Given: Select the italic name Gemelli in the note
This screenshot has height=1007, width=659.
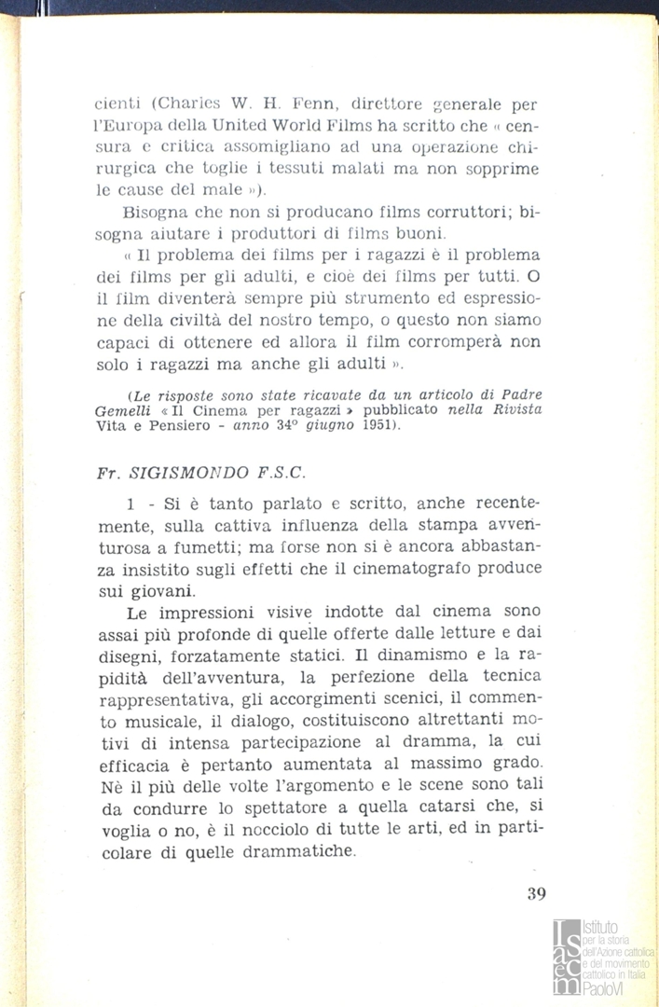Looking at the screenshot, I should point(125,411).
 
